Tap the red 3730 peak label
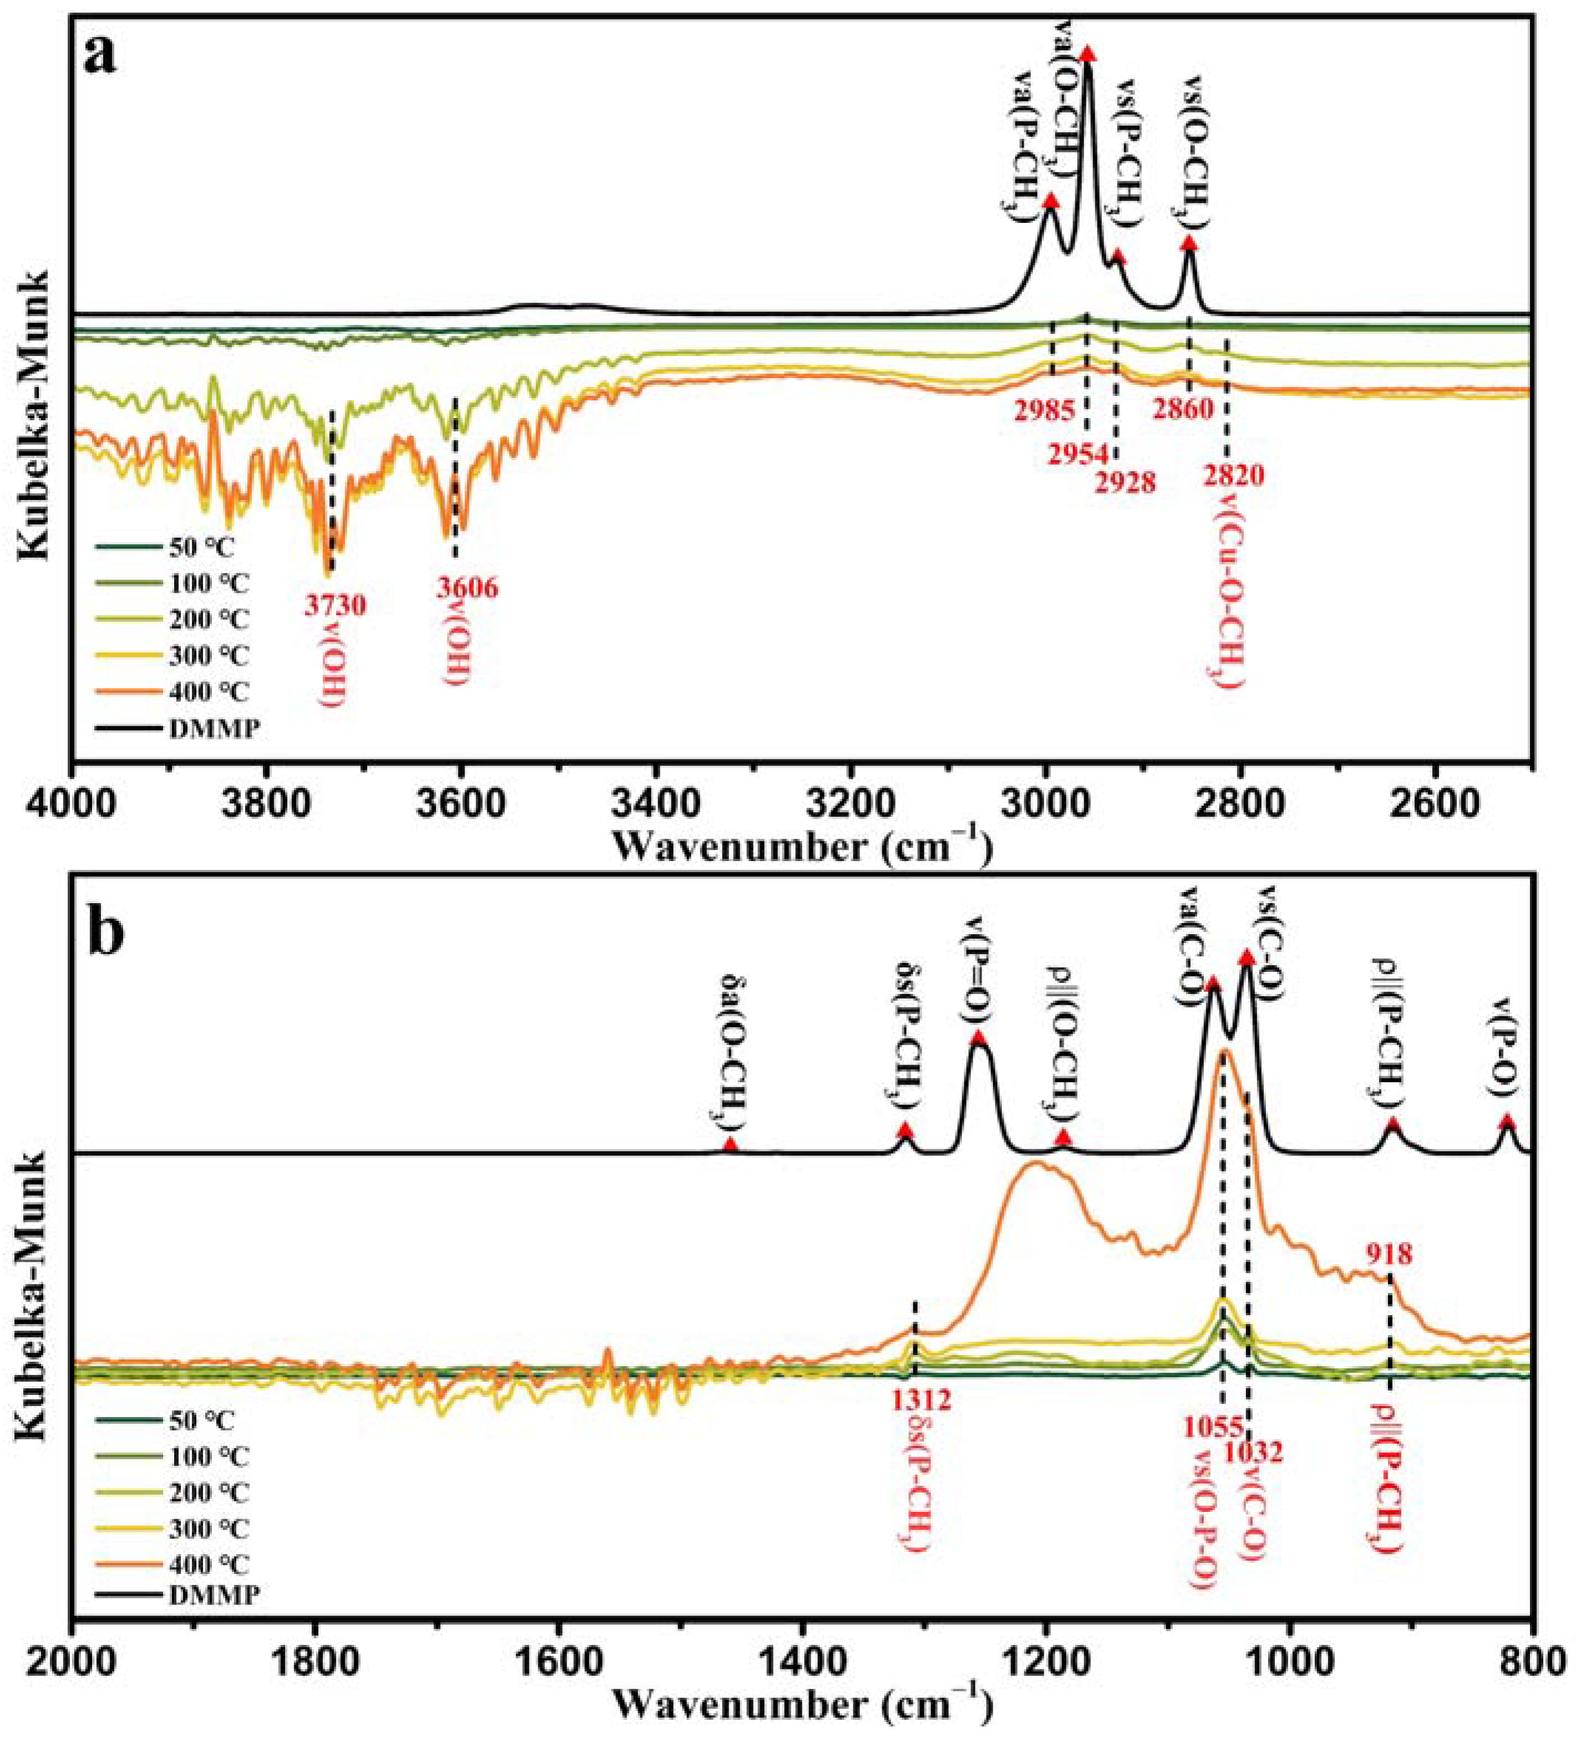click(334, 606)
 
